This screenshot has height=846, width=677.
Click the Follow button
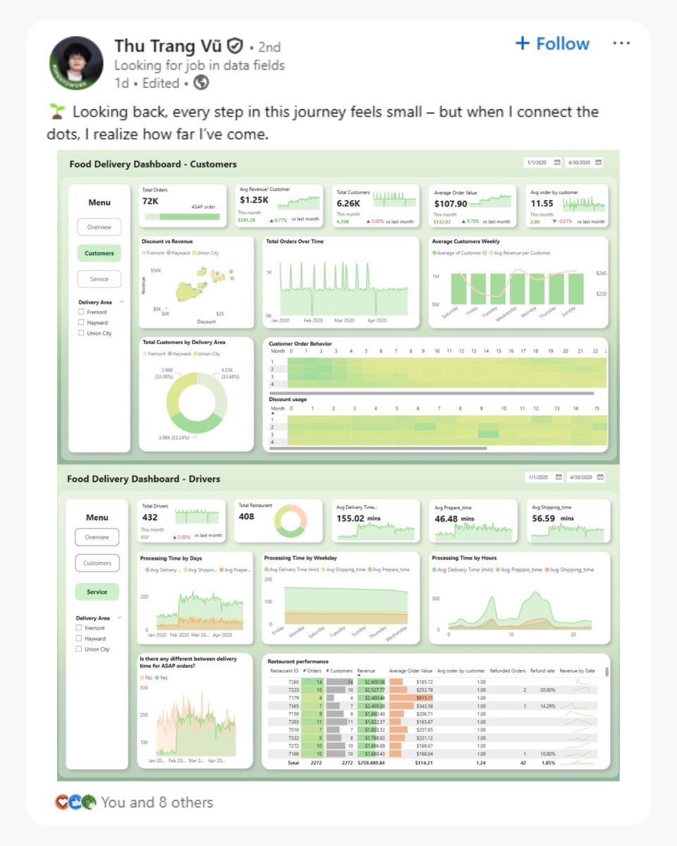point(552,44)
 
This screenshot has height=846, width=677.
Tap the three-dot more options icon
point(621,44)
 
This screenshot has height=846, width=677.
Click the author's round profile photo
point(75,63)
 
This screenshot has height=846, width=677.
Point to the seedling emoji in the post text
point(57,112)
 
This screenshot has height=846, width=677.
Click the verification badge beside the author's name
point(236,47)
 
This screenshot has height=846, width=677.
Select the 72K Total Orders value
point(150,201)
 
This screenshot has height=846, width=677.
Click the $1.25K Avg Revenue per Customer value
point(254,201)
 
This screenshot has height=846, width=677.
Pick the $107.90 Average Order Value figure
point(451,204)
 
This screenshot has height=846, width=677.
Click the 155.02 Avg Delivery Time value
point(350,518)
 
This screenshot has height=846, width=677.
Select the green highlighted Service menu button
point(97,592)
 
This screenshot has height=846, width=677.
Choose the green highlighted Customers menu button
point(99,253)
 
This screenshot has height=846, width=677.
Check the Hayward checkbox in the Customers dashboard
point(82,322)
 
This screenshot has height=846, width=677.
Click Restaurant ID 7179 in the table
point(293,698)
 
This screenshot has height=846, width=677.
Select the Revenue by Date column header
point(577,671)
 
